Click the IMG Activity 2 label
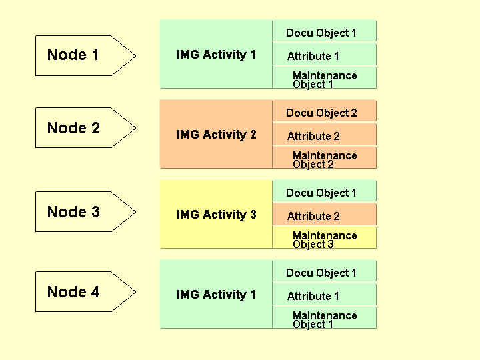tap(216, 135)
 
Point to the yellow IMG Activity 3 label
tap(216, 214)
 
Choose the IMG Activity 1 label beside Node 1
tap(216, 55)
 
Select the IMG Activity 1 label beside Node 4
tap(216, 295)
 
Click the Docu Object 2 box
tap(324, 111)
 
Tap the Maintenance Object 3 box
tap(324, 237)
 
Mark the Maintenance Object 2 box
tap(324, 157)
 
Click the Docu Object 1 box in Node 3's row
tap(324, 191)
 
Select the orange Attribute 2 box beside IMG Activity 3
tap(324, 214)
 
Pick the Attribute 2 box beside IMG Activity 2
tap(324, 134)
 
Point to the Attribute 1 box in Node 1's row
tap(324, 54)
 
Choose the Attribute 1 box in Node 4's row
tap(324, 294)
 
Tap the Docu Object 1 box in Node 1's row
tap(324, 31)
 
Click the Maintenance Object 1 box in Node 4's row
tap(324, 317)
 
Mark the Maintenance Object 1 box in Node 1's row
tap(324, 78)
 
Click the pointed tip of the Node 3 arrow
tap(136, 211)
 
